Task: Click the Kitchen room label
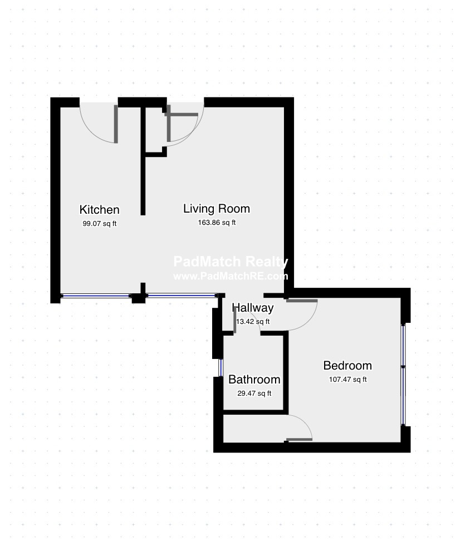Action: pyautogui.click(x=99, y=209)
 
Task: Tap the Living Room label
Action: pyautogui.click(x=217, y=208)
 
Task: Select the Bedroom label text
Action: pyautogui.click(x=347, y=365)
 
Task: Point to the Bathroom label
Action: pyautogui.click(x=254, y=380)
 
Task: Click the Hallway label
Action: pyautogui.click(x=253, y=308)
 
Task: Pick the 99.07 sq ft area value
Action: pyautogui.click(x=99, y=224)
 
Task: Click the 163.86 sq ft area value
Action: pyautogui.click(x=217, y=223)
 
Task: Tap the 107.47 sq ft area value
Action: pyautogui.click(x=348, y=380)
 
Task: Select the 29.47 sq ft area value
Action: pyautogui.click(x=254, y=394)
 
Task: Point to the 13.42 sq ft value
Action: pyautogui.click(x=253, y=322)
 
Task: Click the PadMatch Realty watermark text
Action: pyautogui.click(x=230, y=262)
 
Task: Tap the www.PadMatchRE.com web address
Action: pyautogui.click(x=230, y=276)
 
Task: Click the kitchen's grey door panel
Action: pyautogui.click(x=116, y=124)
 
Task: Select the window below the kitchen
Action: pyautogui.click(x=96, y=296)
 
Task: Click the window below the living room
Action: pyautogui.click(x=182, y=296)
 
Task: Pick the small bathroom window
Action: pyautogui.click(x=221, y=368)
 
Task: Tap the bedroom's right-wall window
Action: pyautogui.click(x=403, y=375)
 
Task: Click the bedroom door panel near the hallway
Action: pyautogui.click(x=302, y=301)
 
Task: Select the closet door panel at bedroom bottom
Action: pyautogui.click(x=299, y=440)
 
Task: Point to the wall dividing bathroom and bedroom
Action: pyautogui.click(x=286, y=372)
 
